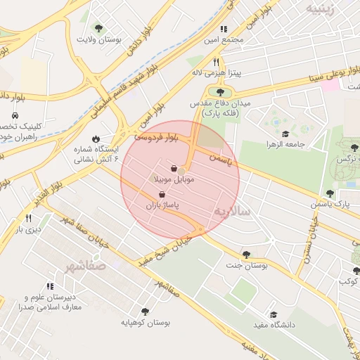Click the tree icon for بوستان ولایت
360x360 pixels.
click(x=98, y=29)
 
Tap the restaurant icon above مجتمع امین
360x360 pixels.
click(x=224, y=29)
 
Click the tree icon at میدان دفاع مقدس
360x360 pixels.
click(x=221, y=92)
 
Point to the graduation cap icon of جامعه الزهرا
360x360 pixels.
click(x=285, y=134)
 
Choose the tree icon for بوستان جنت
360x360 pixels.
click(x=245, y=255)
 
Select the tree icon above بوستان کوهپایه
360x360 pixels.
click(x=145, y=311)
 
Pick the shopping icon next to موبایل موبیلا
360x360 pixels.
click(x=174, y=169)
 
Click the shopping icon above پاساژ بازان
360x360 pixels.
click(x=162, y=194)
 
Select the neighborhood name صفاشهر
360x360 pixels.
click(x=84, y=267)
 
